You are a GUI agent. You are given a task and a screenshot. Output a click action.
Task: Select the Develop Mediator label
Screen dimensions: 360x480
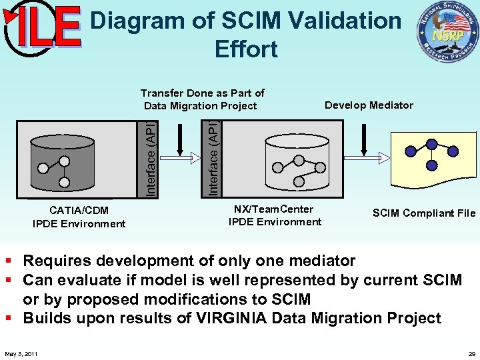369,105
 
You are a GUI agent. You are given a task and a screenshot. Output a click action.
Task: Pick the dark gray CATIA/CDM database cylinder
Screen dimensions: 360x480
63,158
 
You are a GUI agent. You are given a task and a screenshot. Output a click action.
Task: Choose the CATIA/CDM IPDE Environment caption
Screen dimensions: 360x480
79,217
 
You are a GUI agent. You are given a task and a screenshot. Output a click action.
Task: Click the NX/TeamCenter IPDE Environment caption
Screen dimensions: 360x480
275,215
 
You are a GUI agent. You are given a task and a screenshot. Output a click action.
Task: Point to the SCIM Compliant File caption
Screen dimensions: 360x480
424,213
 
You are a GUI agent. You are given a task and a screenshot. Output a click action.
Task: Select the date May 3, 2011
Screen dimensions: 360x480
21,353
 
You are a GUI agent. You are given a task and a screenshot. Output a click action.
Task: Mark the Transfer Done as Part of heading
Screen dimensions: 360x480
203,93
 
